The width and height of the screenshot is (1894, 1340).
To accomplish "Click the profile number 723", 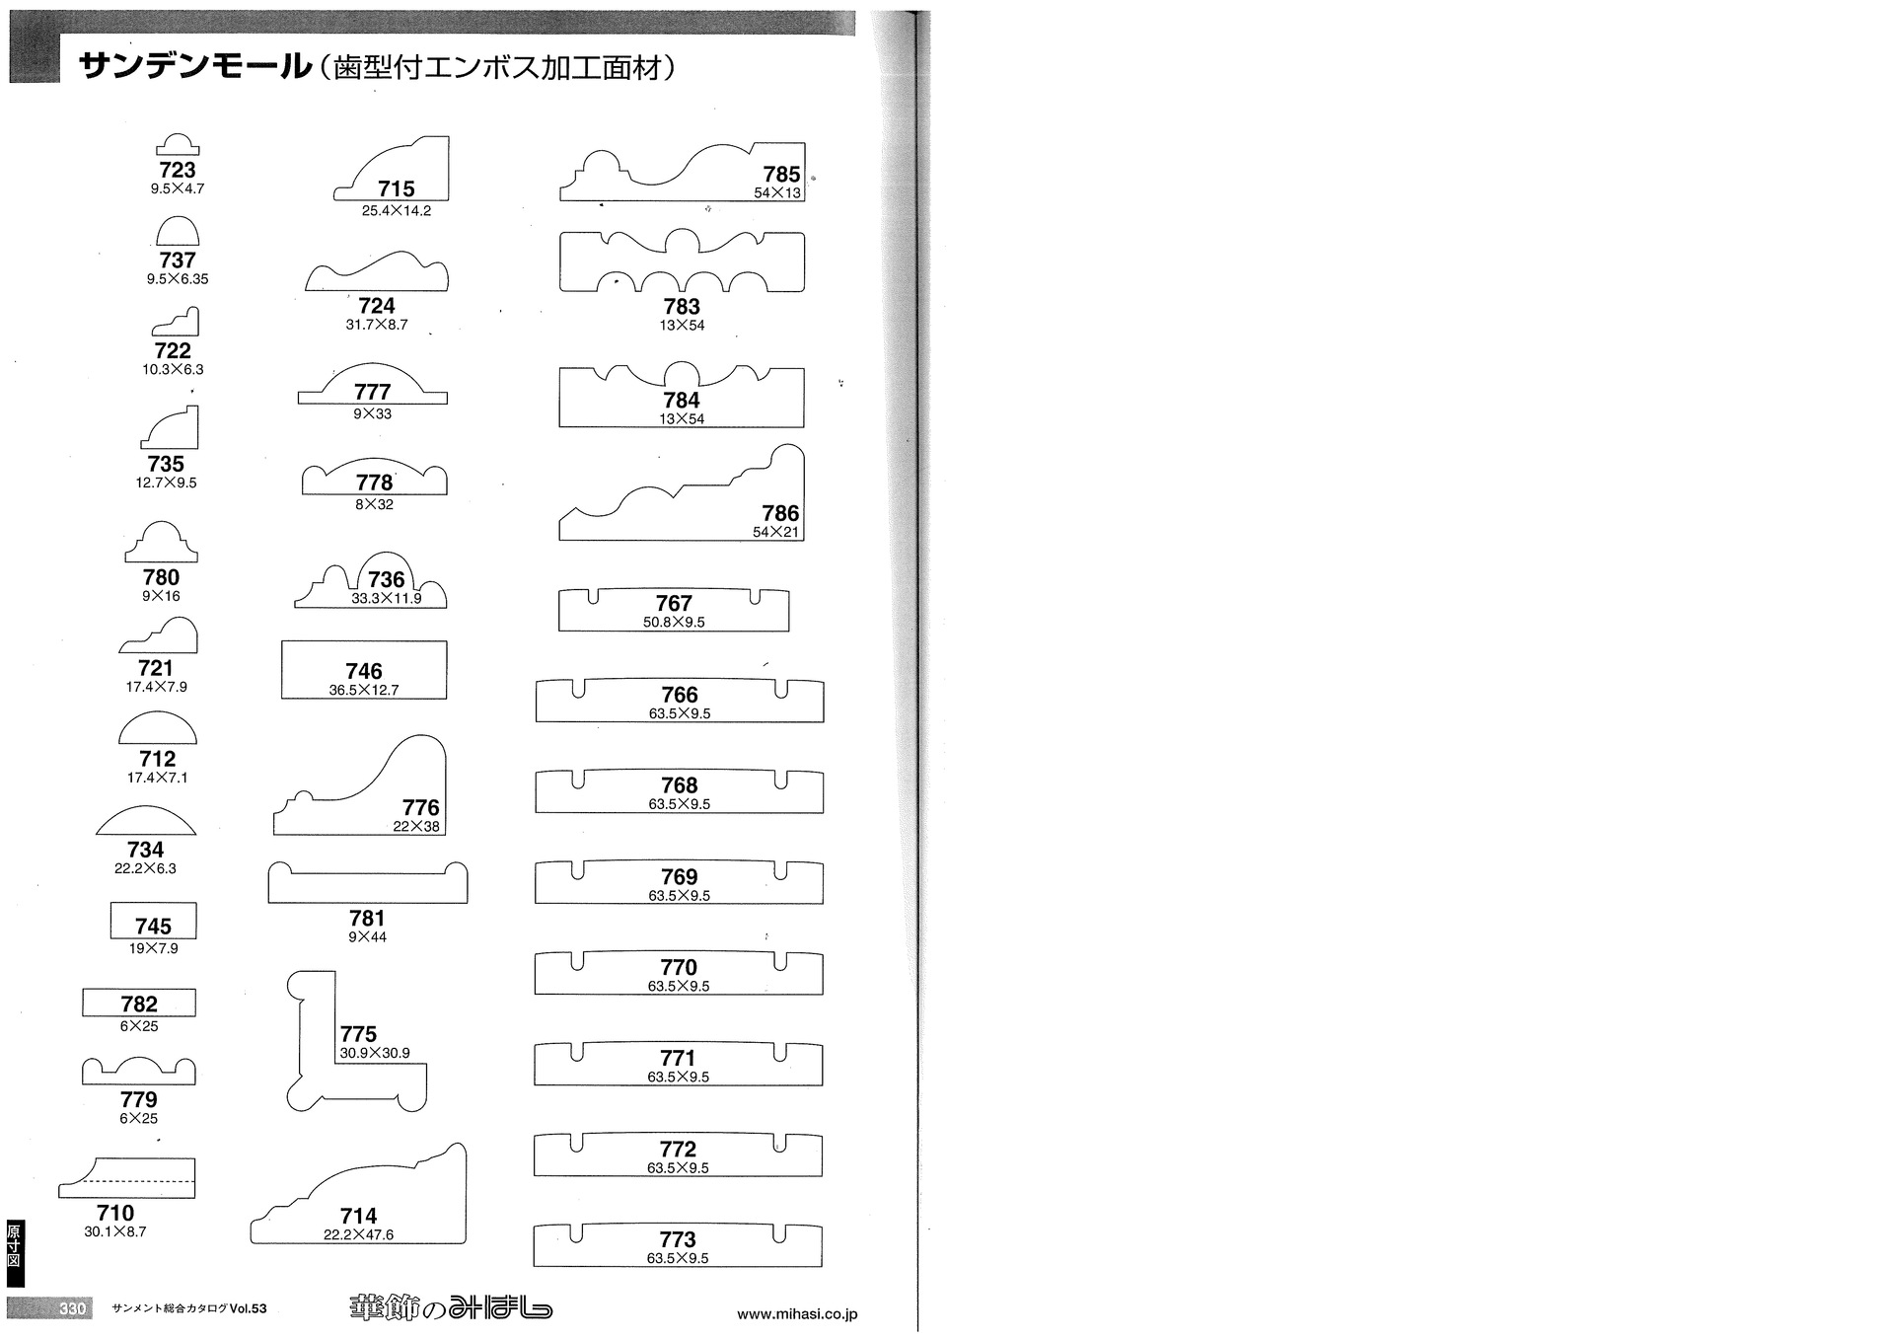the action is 178,170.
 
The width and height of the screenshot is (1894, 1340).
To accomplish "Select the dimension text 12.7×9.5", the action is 166,483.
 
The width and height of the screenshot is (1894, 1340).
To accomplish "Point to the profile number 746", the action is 364,671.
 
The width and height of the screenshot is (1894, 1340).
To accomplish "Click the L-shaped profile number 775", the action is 358,1034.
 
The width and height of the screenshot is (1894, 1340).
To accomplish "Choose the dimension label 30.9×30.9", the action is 375,1054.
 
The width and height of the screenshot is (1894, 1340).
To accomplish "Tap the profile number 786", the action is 780,513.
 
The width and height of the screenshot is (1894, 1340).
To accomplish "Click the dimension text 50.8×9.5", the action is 674,623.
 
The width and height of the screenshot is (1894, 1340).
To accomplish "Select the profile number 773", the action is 678,1239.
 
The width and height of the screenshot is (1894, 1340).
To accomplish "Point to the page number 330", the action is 73,1308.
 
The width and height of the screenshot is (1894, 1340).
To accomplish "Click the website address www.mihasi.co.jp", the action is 797,1314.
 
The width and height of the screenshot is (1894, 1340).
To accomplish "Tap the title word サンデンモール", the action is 194,66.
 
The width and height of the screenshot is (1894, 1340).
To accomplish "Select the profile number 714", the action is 358,1217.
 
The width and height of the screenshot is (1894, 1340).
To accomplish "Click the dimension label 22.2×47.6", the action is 358,1235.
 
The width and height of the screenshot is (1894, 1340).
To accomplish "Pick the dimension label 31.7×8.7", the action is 377,325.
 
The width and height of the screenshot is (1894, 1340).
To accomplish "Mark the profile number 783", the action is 682,307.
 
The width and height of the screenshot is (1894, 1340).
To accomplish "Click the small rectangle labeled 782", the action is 139,1003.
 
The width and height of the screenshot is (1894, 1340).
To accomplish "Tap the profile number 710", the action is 115,1214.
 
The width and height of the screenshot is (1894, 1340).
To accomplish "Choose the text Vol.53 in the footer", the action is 248,1309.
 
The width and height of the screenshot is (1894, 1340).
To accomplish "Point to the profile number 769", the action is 679,877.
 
